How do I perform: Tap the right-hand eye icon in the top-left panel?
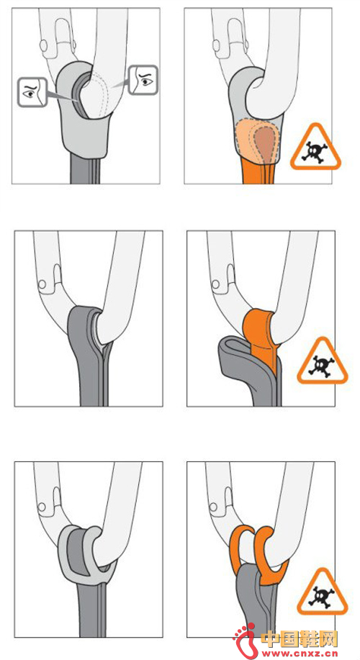pos(143,80)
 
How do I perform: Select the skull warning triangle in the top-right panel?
pos(316,148)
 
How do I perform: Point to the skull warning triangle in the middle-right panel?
pos(323,362)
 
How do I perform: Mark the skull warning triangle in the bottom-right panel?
pos(322,594)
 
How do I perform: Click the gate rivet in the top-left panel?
pos(44,44)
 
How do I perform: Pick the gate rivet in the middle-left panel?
pos(42,284)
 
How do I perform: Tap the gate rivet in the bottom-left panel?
pos(42,507)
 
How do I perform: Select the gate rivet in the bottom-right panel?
pos(215,507)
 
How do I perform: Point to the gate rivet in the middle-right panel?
pos(215,284)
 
